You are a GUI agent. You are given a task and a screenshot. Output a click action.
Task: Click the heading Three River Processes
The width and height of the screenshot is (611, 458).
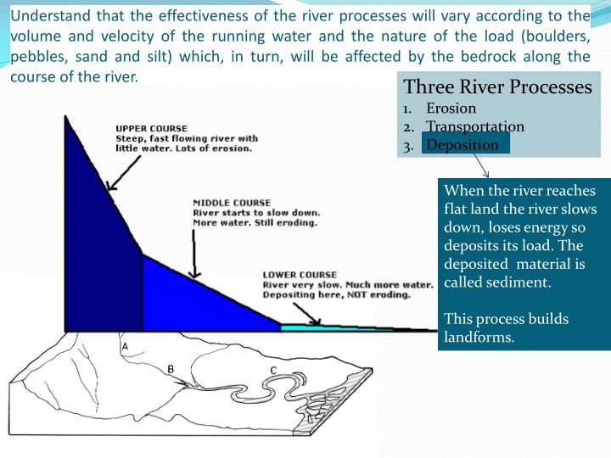(497, 87)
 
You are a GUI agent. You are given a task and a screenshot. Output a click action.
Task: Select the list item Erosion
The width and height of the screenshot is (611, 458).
(451, 109)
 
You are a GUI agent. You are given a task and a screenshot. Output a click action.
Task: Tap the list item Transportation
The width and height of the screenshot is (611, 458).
(475, 126)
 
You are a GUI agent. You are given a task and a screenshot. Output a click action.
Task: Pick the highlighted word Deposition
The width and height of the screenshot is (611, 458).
(462, 144)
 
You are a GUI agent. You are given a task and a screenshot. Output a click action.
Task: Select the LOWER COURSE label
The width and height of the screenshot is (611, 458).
(300, 275)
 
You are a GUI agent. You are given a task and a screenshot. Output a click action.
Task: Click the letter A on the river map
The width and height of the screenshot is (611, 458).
(125, 347)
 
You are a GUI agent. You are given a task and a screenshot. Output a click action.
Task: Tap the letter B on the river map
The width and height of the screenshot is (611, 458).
(171, 369)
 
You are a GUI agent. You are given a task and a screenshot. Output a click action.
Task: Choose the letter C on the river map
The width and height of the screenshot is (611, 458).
(273, 371)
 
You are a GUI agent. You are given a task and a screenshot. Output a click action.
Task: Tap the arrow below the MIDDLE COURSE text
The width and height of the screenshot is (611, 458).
(193, 254)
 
